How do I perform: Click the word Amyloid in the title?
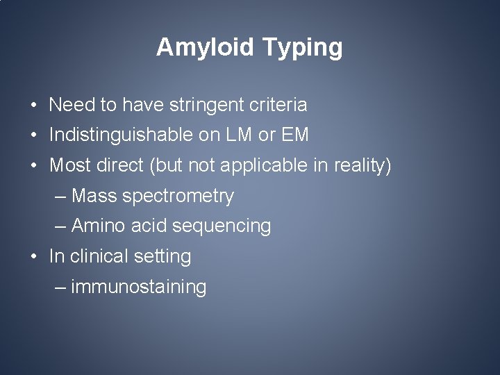206,48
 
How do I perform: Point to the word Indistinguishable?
122,135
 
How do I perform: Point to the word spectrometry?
178,197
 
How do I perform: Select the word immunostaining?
138,287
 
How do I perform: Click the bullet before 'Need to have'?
34,106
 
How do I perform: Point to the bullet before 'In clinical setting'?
34,257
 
